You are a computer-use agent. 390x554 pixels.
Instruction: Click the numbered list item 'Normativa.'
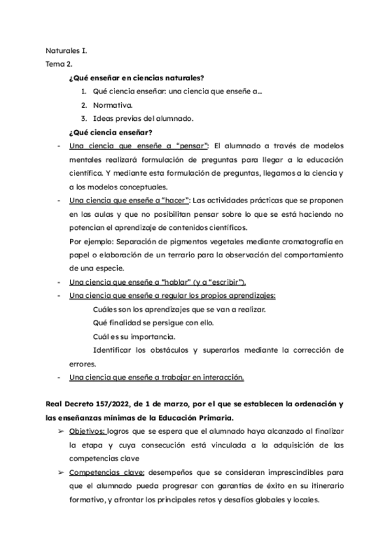point(113,105)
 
